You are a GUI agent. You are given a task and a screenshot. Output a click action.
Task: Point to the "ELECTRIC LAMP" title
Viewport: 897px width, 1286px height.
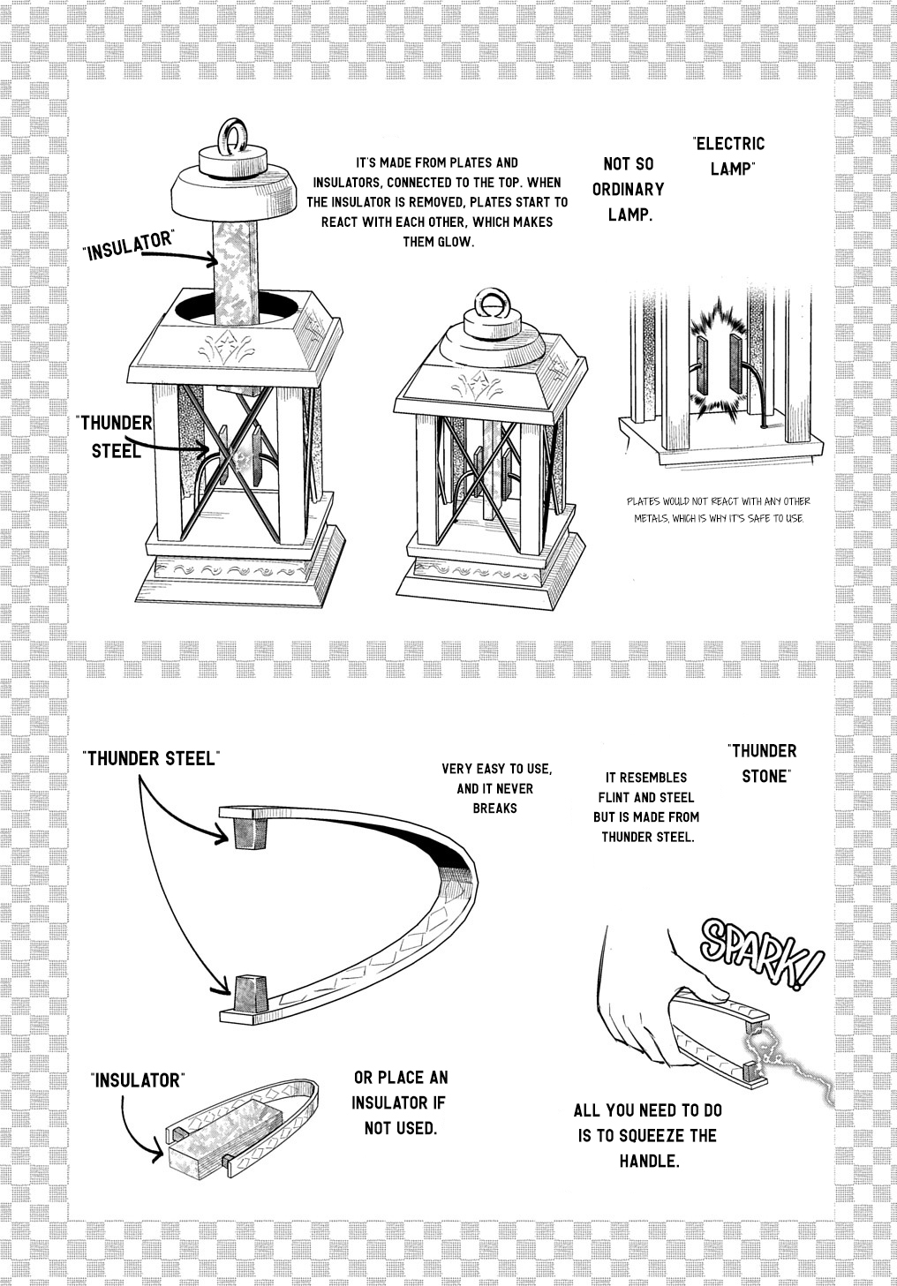coord(729,155)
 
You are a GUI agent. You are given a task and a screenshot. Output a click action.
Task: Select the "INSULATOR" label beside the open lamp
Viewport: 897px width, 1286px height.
coord(129,245)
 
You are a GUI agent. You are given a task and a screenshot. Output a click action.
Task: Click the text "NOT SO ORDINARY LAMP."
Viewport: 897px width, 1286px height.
coord(629,190)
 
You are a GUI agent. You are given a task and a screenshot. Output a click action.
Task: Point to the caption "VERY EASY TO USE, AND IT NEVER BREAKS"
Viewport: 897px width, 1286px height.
coord(496,788)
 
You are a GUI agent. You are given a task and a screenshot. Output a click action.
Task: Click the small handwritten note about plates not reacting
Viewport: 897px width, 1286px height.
coord(719,510)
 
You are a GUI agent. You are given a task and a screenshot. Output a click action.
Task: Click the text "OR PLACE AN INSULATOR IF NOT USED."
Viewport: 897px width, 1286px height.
coord(400,1103)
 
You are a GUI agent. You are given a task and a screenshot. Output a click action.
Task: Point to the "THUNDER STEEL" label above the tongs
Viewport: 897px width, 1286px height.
coord(151,758)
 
